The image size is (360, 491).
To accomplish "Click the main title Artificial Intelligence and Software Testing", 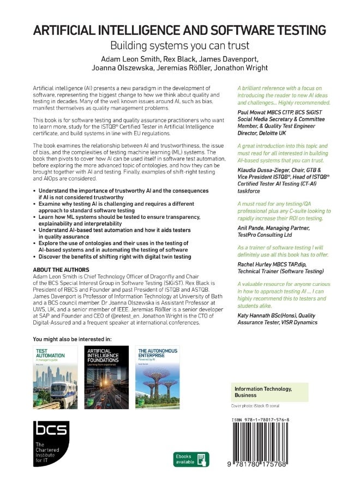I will (179, 30).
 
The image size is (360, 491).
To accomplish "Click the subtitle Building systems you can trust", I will (179, 46).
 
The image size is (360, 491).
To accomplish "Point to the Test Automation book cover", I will (55, 377).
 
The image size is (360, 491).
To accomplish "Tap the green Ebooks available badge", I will (191, 459).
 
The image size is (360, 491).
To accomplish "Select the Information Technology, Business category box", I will (270, 391).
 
